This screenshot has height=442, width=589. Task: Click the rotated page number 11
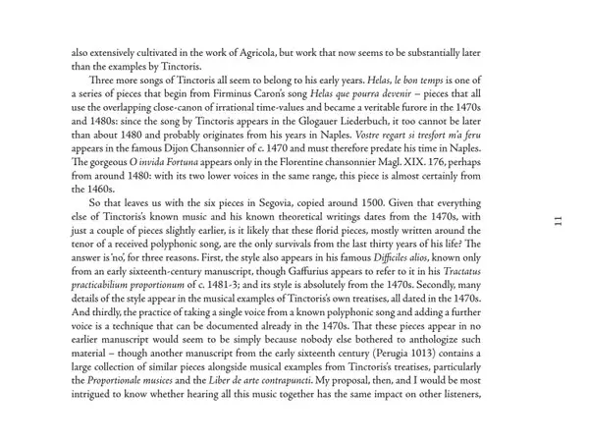[x=557, y=221]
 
